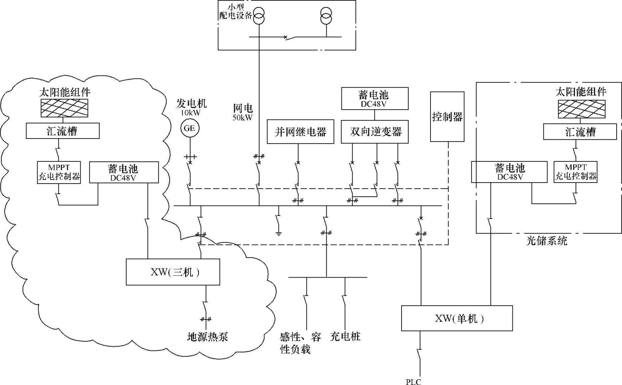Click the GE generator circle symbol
(x=190, y=128)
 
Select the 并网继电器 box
(x=300, y=132)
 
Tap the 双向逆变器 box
(x=375, y=132)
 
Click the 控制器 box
(x=447, y=117)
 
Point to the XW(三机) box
(x=173, y=272)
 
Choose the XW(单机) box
(x=457, y=318)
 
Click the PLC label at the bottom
(x=413, y=382)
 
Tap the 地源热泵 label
(x=207, y=337)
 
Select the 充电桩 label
(x=345, y=336)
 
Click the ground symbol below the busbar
(x=278, y=233)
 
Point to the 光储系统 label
(x=546, y=241)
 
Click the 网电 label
(x=243, y=108)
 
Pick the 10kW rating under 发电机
(x=191, y=113)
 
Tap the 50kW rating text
(x=242, y=117)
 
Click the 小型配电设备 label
(x=235, y=11)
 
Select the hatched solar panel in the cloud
(x=64, y=108)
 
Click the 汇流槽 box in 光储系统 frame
(x=580, y=132)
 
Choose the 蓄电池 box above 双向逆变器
(x=375, y=98)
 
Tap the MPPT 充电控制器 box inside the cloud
(x=59, y=172)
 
